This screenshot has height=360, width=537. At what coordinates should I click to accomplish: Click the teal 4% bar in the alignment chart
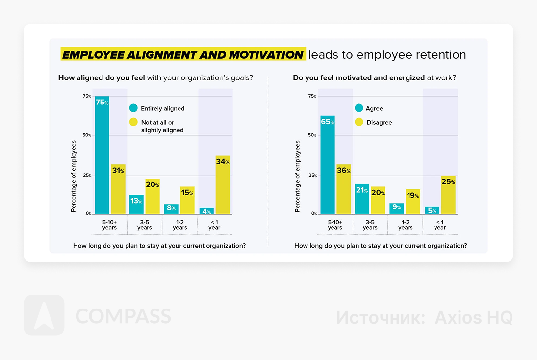[206, 211]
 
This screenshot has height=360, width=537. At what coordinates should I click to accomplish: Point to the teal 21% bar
[362, 199]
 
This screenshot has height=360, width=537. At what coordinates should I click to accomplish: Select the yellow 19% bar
[413, 202]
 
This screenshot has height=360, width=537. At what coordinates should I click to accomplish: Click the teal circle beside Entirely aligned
[133, 108]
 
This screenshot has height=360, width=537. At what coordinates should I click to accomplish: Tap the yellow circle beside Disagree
[358, 122]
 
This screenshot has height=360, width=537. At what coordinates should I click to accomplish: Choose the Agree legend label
[374, 108]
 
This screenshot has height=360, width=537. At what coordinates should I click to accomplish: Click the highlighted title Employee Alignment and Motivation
[183, 54]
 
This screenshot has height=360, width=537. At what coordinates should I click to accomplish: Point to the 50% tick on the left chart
[87, 135]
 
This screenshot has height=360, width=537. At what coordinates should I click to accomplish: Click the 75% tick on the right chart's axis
[312, 96]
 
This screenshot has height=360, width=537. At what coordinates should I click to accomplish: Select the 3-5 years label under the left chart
[145, 225]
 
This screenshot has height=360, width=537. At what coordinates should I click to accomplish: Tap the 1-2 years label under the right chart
[405, 225]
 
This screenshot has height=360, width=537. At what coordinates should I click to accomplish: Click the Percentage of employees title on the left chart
[74, 176]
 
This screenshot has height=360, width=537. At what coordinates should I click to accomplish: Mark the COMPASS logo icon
[44, 315]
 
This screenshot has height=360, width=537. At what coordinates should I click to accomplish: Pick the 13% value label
[136, 201]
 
